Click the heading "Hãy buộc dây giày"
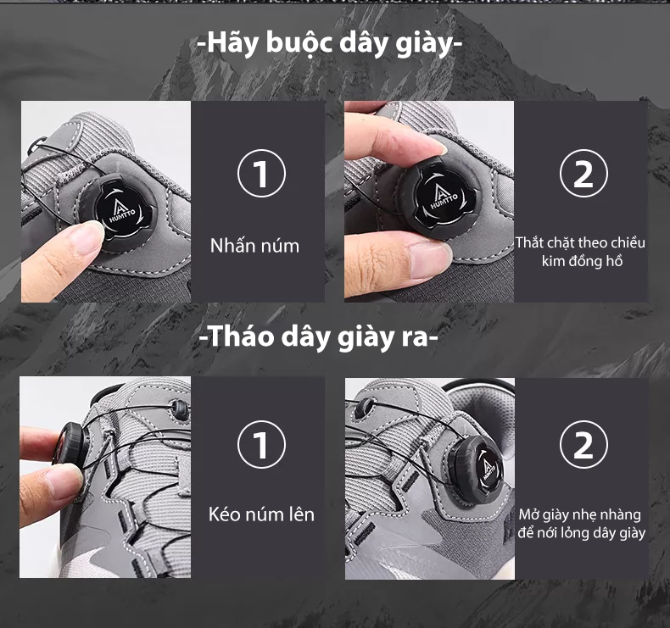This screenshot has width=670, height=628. pos(329,44)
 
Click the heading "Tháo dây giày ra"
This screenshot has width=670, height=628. pos(319,337)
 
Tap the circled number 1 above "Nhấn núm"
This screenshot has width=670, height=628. pos(261,173)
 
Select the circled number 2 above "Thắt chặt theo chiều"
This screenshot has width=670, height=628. pos(583,173)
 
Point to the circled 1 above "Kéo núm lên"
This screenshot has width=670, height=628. pos(261,444)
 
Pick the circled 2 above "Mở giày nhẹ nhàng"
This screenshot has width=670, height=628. pos(583,444)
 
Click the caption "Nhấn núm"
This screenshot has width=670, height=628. pos(254,246)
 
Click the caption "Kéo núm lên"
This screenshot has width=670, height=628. pos(261,514)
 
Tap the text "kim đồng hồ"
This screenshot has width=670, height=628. pos(582,261)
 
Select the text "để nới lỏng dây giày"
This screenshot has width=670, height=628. pos(581,533)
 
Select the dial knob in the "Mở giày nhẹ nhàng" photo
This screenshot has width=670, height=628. pos(477,468)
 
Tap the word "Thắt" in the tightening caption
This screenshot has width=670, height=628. pos(529,242)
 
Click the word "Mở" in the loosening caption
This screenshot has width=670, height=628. pos(528,514)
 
